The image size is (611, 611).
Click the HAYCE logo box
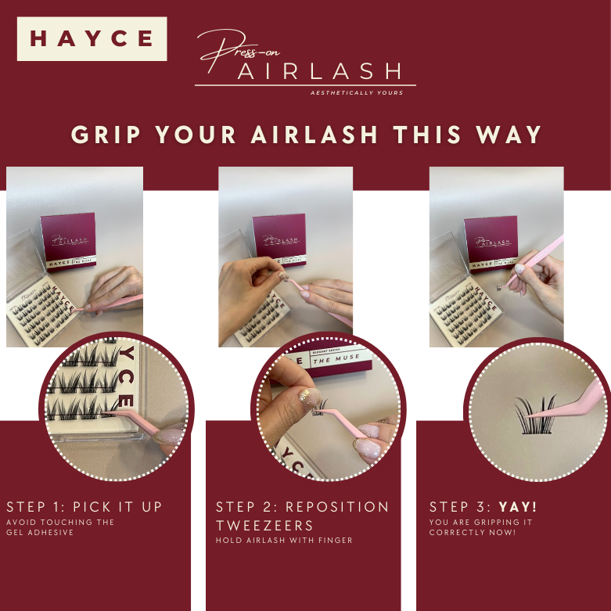coord(92,38)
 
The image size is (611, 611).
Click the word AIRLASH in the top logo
coord(319,72)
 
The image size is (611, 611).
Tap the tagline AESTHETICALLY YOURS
coord(357,93)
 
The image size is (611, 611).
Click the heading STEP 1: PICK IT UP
coord(84,507)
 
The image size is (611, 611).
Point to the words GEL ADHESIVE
coord(40,532)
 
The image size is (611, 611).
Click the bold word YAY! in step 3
coord(518,507)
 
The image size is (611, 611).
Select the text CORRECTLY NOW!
coord(473,532)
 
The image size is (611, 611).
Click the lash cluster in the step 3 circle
coord(535,415)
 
